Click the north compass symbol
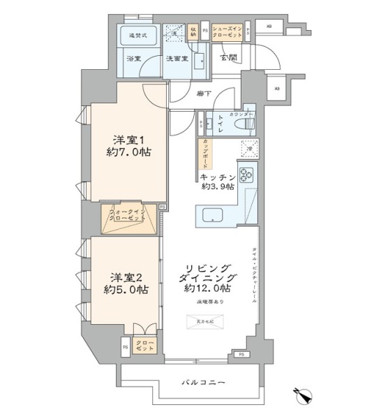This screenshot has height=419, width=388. point(305,395)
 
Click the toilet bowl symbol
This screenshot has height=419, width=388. point(241,124)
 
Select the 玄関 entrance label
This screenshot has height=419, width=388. point(227,57)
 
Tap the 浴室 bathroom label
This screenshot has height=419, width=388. point(133,59)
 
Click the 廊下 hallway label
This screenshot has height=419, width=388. point(204,94)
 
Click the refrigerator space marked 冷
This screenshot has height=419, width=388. point(248,147)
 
